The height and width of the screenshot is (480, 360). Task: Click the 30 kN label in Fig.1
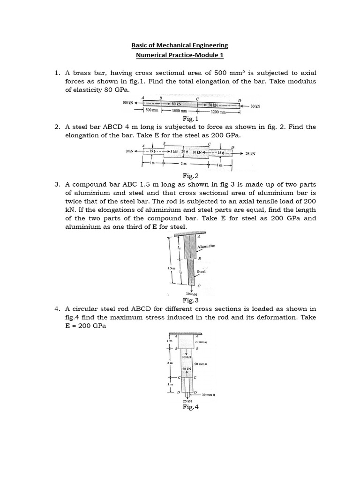click(255, 106)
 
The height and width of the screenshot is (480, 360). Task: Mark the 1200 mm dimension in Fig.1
click(219, 112)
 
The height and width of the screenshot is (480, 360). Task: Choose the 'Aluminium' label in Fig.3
click(206, 246)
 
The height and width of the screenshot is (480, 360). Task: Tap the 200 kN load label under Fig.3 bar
click(191, 294)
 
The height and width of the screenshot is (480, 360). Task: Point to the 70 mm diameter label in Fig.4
click(201, 343)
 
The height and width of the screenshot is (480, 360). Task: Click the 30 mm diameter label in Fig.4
click(208, 395)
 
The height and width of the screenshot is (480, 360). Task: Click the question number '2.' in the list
click(57, 127)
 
